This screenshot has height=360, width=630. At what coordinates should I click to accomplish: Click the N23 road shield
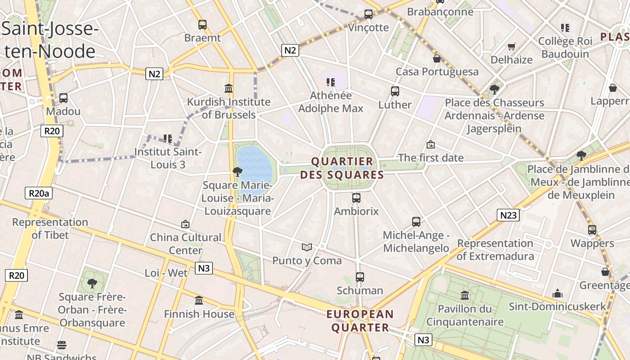click(508, 215)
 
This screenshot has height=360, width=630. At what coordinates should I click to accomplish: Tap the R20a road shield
click(38, 193)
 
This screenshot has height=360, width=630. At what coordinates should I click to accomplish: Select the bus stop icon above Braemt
click(202, 25)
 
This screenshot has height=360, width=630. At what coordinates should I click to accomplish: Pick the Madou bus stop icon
click(63, 98)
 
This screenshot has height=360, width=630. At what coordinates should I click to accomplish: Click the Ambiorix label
click(356, 211)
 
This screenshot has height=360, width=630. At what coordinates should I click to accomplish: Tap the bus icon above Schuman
click(360, 277)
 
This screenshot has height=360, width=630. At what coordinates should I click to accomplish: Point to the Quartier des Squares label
click(342, 168)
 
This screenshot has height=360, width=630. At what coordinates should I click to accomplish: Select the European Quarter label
click(360, 320)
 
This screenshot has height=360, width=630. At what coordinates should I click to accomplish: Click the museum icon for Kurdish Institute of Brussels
click(229, 88)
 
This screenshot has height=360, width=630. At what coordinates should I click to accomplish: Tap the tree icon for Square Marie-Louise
click(237, 171)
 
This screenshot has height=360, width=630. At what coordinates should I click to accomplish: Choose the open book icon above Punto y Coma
click(307, 247)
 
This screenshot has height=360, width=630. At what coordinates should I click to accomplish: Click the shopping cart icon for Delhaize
click(511, 46)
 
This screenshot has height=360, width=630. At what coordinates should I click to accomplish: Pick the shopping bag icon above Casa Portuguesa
click(436, 58)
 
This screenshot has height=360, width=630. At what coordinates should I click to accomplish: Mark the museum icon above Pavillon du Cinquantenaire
click(465, 296)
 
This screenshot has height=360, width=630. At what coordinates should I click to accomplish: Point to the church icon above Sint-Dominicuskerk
click(558, 293)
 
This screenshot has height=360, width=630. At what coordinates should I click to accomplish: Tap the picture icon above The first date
click(431, 144)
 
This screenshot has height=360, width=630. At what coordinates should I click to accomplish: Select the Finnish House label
click(199, 314)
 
